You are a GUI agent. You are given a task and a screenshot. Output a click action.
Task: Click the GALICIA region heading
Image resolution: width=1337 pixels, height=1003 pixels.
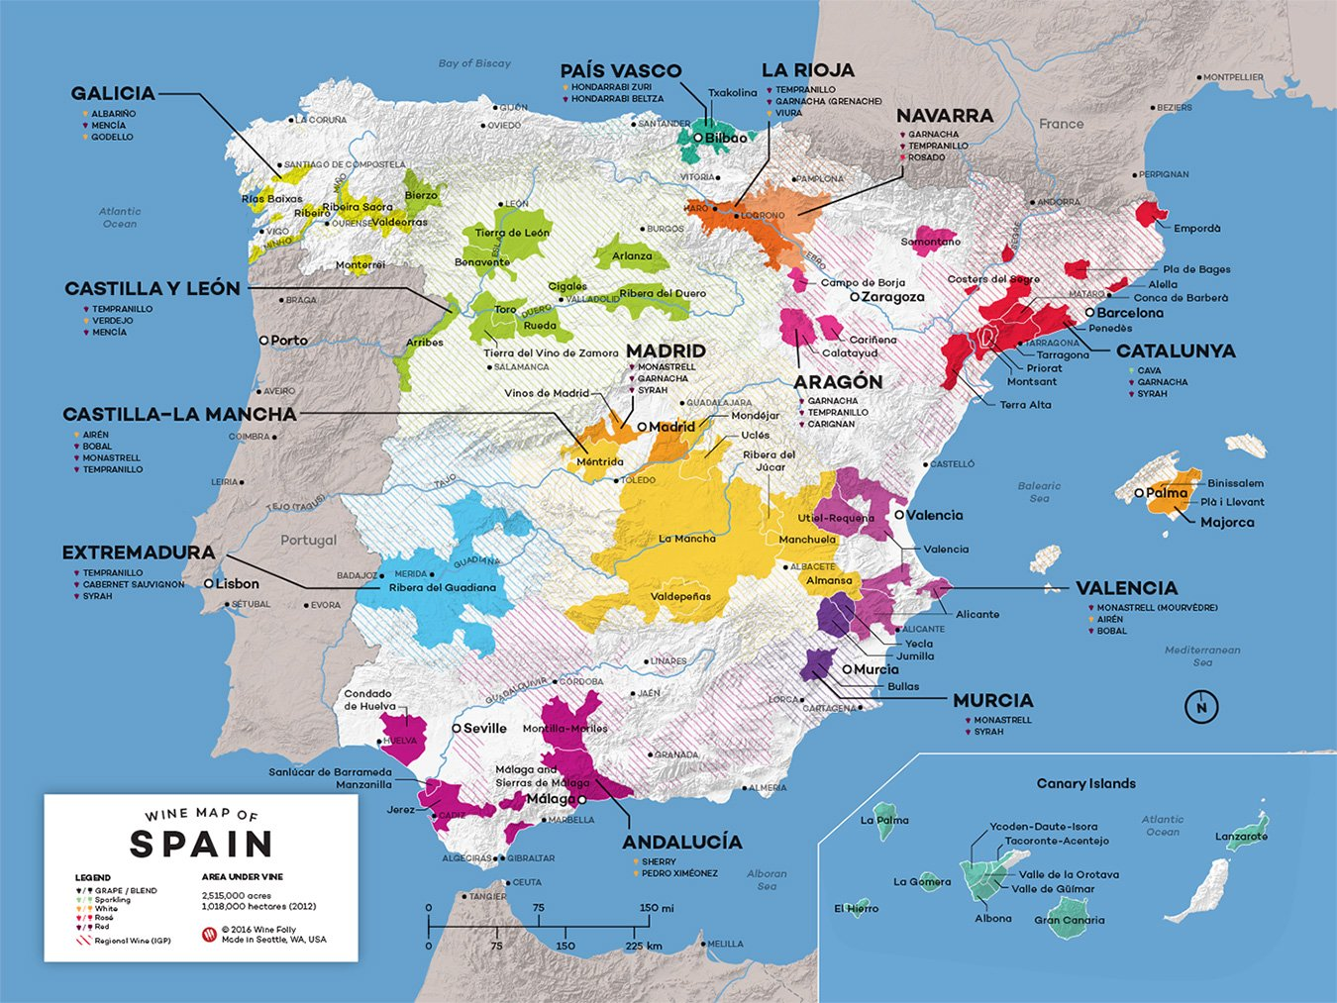pyautogui.click(x=113, y=93)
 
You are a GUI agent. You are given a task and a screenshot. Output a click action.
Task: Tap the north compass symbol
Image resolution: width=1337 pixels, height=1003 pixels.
pyautogui.click(x=1201, y=707)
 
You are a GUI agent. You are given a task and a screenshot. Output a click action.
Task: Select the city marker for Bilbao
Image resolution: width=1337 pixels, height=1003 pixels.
pyautogui.click(x=698, y=138)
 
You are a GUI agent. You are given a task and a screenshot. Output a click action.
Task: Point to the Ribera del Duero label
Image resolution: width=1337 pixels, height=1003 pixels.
pyautogui.click(x=663, y=293)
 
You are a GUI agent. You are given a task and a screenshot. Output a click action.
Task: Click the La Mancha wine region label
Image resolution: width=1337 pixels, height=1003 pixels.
pyautogui.click(x=686, y=539)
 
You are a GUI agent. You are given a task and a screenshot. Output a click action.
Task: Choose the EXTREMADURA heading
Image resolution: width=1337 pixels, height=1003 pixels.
pyautogui.click(x=138, y=552)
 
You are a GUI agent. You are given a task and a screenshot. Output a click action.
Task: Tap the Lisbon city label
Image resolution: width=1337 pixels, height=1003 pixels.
pyautogui.click(x=238, y=584)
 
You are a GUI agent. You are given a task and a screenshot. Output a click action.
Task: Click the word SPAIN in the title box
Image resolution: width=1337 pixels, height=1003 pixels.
pyautogui.click(x=201, y=844)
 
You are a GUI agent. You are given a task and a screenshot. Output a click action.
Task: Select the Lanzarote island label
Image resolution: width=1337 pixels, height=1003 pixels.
pyautogui.click(x=1241, y=837)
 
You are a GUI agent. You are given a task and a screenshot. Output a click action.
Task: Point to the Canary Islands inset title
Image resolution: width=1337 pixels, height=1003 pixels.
pyautogui.click(x=1085, y=783)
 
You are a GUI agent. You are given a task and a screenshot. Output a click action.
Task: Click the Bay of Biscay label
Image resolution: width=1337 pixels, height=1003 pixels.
pyautogui.click(x=474, y=63)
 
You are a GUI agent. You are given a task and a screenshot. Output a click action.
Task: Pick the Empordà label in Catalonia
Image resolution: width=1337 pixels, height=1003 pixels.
pyautogui.click(x=1196, y=229)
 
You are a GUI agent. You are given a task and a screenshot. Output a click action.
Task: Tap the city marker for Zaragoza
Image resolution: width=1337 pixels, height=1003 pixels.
pyautogui.click(x=854, y=297)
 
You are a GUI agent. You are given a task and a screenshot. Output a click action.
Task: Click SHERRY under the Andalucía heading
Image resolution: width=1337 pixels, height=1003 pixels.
pyautogui.click(x=659, y=861)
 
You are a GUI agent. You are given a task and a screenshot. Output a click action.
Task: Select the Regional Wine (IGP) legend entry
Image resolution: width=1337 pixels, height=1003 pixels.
pyautogui.click(x=132, y=941)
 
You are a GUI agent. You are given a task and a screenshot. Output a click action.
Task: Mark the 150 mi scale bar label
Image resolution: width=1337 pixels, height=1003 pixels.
pyautogui.click(x=656, y=907)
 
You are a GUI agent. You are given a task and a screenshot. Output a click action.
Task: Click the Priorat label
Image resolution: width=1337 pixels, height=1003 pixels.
pyautogui.click(x=1044, y=368)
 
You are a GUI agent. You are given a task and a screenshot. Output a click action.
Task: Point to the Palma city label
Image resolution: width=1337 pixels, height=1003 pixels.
pyautogui.click(x=1167, y=492)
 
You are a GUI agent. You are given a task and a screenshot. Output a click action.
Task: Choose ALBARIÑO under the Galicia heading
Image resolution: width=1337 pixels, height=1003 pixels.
pyautogui.click(x=114, y=114)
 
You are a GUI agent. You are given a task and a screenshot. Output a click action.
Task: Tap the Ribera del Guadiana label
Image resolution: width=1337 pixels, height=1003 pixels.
pyautogui.click(x=442, y=587)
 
